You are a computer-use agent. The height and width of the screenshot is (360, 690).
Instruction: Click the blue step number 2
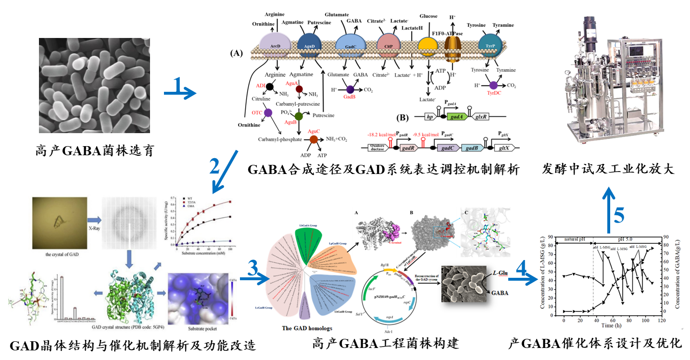(215, 166)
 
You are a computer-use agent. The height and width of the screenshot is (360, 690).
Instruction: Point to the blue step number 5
(619, 215)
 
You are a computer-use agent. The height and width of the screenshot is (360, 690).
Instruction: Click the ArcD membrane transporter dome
(276, 45)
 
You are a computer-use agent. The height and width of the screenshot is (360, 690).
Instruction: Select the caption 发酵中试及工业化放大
(609, 169)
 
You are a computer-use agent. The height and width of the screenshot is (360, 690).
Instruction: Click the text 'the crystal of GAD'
(61, 254)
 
